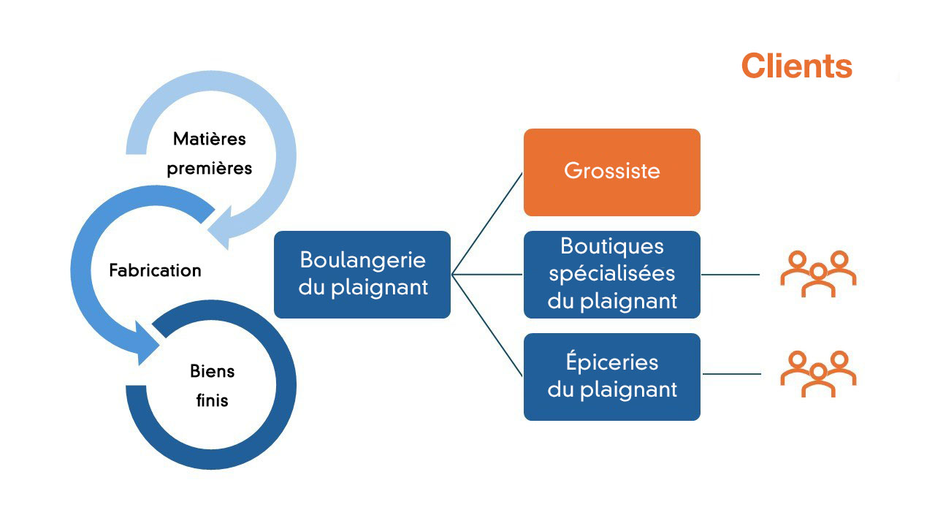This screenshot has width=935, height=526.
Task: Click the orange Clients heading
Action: point(796,66)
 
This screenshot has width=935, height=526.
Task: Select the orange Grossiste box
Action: point(611,172)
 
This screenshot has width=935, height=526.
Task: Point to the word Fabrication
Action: point(155,270)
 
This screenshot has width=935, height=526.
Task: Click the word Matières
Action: point(210,138)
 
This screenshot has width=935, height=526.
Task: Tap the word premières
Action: point(210,168)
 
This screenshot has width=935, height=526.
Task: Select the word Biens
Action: point(213,371)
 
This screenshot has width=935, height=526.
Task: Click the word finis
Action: point(212,401)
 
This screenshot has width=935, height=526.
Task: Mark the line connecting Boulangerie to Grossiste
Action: point(488,222)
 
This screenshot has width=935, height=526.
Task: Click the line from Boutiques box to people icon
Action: point(730,275)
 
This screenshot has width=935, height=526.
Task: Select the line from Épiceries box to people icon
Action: point(730,374)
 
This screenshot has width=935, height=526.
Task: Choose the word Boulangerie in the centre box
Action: point(362,260)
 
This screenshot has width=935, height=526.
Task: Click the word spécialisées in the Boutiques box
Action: point(611,274)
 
